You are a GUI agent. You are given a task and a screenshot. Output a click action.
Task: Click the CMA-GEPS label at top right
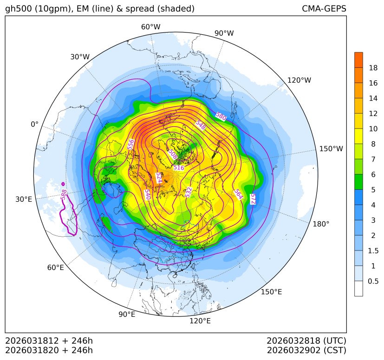click(324, 9)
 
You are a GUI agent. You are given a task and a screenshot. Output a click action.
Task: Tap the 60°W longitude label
click(150, 27)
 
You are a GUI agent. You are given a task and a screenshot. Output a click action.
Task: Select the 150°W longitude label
click(331, 149)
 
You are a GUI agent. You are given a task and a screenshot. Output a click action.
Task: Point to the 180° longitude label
click(321, 224)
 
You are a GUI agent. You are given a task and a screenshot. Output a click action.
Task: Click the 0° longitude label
click(34, 124)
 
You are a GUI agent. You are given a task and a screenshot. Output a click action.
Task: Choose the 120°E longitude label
click(200, 321)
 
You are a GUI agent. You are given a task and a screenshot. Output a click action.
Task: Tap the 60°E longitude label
click(55, 268)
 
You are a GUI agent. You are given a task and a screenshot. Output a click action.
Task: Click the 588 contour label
click(64, 195)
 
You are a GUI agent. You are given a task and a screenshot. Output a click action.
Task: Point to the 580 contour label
click(221, 117)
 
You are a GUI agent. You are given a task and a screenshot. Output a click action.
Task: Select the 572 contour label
click(253, 199)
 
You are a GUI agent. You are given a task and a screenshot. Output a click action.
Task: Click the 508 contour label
click(173, 154)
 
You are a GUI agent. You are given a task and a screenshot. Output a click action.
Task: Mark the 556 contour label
click(131, 144)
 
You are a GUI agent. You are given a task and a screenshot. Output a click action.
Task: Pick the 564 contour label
click(238, 194)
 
